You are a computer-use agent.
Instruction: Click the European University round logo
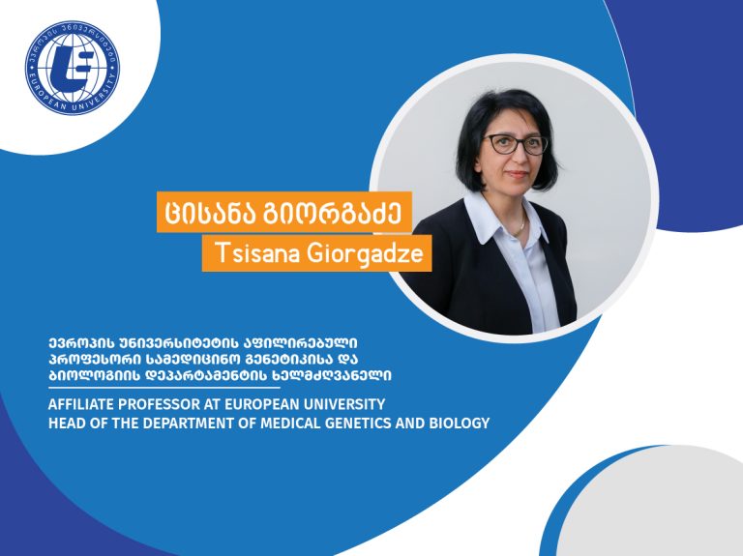coord(73,68)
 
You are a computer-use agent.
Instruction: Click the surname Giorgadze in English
coord(365,254)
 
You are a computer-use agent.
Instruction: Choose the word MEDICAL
coord(291,423)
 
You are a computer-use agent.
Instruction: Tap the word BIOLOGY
coord(460,423)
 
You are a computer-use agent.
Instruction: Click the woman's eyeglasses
coord(516,144)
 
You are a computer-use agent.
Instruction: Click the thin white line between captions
coord(163,388)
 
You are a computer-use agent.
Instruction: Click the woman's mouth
coord(517,174)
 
